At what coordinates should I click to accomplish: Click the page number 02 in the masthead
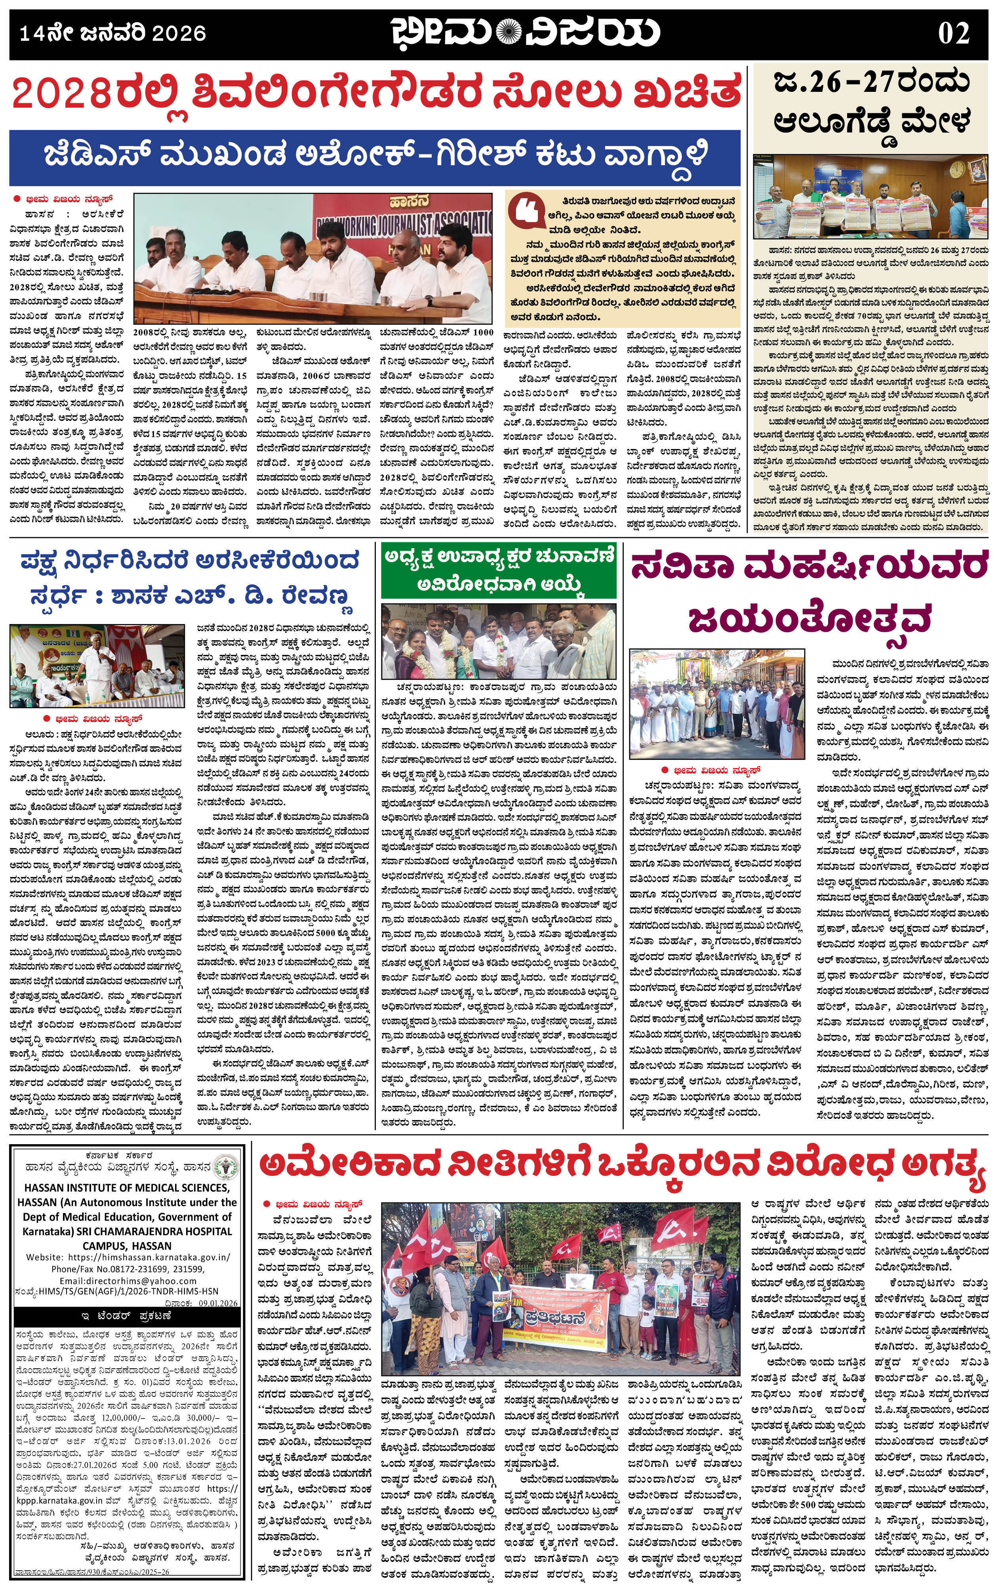click(x=954, y=33)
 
